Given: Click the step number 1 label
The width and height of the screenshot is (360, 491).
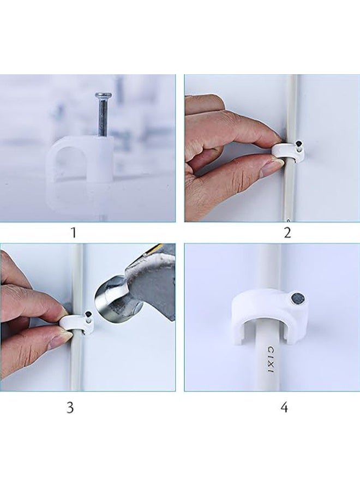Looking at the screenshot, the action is click(x=74, y=232).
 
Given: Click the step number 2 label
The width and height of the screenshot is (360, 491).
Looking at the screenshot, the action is click(x=287, y=232).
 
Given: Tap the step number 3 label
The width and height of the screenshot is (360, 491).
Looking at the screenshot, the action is click(x=70, y=408).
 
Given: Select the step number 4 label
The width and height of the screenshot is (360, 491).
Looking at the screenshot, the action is click(x=284, y=408).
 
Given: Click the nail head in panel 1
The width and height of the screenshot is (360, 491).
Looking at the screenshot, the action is click(x=103, y=94).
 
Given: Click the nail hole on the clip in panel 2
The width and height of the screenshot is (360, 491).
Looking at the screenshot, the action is click(x=299, y=145).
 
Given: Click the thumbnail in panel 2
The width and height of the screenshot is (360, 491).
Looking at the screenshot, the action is click(x=268, y=167).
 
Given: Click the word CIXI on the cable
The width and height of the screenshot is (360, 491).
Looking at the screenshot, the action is click(x=270, y=359).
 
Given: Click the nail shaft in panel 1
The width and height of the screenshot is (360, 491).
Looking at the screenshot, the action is click(x=103, y=116).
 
